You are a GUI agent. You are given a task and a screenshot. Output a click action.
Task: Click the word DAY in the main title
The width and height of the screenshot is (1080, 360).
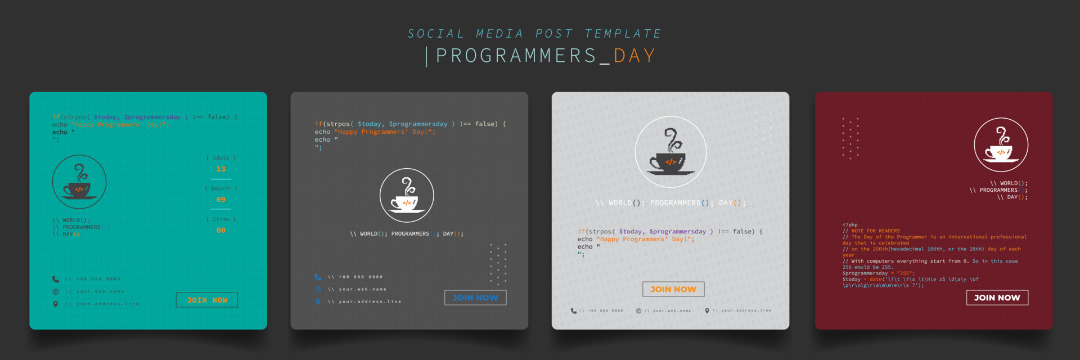(x=634, y=56)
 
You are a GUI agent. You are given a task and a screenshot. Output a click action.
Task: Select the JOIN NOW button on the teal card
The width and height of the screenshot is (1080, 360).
(x=207, y=300)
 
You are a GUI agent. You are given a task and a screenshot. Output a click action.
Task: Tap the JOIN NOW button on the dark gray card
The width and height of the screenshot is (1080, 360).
(x=475, y=298)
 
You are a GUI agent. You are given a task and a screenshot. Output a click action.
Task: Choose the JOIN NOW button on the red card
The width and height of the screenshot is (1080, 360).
(x=997, y=298)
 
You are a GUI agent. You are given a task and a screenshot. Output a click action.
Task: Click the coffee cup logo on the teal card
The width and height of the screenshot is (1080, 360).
(x=79, y=182)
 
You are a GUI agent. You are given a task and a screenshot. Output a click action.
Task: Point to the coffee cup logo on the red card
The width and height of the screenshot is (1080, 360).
(x=1001, y=145)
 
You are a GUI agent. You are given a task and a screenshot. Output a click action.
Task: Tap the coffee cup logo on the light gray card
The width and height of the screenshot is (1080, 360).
(x=670, y=152)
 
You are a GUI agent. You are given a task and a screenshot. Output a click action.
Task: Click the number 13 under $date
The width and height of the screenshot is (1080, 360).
(x=220, y=169)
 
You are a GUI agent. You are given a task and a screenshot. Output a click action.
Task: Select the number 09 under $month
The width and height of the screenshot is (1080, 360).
(x=220, y=200)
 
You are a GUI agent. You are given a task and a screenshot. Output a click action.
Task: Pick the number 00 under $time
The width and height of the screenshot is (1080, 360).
(x=220, y=231)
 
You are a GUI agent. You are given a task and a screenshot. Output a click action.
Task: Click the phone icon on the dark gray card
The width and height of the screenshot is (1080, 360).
(x=318, y=277)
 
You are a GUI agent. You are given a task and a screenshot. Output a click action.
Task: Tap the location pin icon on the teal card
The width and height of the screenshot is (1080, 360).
(x=55, y=304)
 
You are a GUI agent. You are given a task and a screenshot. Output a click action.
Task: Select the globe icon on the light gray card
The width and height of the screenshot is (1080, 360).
(x=638, y=310)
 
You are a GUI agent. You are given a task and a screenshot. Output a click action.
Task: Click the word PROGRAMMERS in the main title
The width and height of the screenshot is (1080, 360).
(x=516, y=56)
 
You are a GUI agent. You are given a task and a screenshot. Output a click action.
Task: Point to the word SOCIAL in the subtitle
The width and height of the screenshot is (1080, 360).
(x=436, y=34)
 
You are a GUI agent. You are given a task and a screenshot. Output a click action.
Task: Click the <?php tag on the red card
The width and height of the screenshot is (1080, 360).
(x=850, y=224)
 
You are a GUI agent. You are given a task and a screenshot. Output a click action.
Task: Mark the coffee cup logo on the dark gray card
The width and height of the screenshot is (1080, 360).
(x=407, y=195)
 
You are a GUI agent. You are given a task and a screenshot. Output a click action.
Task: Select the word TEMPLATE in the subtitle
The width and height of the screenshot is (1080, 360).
(x=623, y=34)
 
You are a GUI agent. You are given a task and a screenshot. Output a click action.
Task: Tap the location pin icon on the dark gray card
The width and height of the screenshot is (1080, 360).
(x=318, y=301)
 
